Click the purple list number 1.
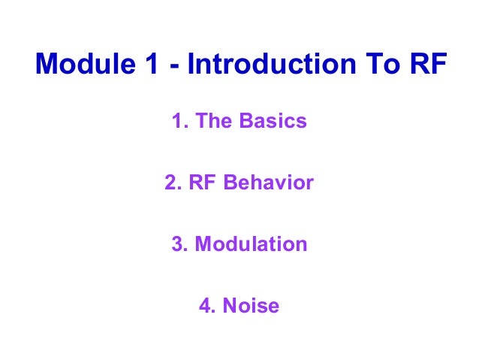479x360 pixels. [178, 121]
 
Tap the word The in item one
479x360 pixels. [211, 121]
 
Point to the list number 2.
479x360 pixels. [170, 183]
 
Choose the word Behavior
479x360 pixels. [269, 183]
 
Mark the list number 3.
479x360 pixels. [177, 244]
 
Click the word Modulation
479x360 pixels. [251, 244]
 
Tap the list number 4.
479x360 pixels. [205, 306]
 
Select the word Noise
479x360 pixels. [250, 306]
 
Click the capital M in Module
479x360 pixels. [47, 65]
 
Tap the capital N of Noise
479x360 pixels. [228, 306]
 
